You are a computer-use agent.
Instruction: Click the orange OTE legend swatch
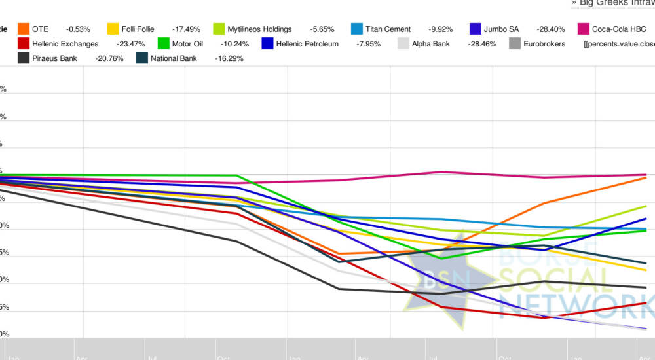(x=24, y=29)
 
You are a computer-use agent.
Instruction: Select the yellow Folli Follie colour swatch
(x=113, y=29)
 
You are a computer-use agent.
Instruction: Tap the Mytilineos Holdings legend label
(x=259, y=29)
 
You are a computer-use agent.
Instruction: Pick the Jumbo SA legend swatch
(x=477, y=29)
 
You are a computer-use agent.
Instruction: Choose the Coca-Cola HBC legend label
(x=619, y=29)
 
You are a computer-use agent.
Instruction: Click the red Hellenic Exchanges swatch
(x=24, y=44)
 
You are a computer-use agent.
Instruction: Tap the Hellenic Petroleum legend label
(x=307, y=44)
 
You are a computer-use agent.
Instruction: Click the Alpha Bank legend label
(x=431, y=44)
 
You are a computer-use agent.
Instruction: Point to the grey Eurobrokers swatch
(x=515, y=44)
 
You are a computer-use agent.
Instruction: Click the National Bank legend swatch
(x=142, y=58)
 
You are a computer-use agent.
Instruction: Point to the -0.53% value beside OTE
(x=78, y=29)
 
